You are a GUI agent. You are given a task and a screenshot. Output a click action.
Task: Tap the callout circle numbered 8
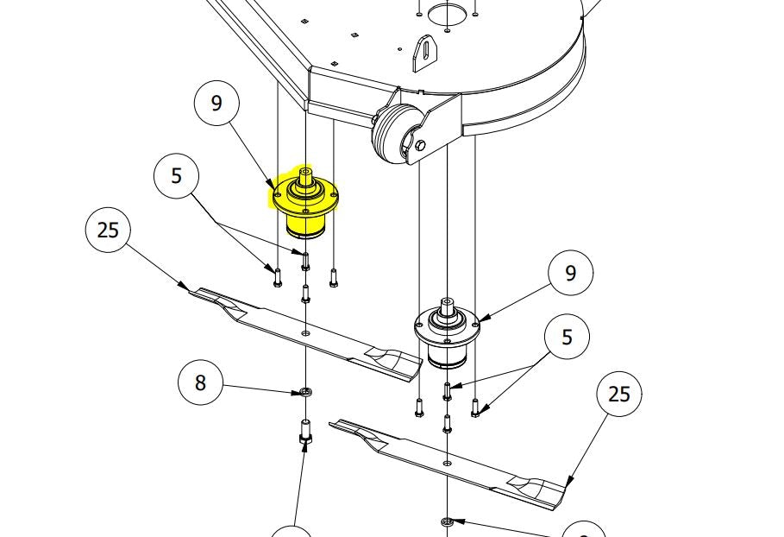(x=201, y=382)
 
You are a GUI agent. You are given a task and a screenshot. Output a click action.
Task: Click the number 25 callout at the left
(x=108, y=231)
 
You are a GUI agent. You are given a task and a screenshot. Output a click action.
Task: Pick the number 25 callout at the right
(x=619, y=394)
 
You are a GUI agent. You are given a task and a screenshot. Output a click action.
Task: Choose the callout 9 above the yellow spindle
(x=216, y=103)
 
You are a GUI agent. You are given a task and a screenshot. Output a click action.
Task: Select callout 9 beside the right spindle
(x=570, y=273)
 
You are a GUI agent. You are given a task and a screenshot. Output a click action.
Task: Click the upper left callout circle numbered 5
(x=177, y=175)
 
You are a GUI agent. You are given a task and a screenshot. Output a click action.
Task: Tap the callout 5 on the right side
(x=567, y=338)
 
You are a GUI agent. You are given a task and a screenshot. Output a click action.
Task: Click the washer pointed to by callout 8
(x=305, y=393)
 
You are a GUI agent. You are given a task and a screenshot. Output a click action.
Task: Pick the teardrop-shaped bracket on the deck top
(x=424, y=53)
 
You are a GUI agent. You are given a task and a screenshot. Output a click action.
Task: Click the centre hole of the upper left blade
(x=305, y=332)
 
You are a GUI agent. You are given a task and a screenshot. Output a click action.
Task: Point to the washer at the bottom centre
(x=447, y=522)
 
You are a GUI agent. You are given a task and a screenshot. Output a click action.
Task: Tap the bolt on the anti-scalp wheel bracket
(x=420, y=146)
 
